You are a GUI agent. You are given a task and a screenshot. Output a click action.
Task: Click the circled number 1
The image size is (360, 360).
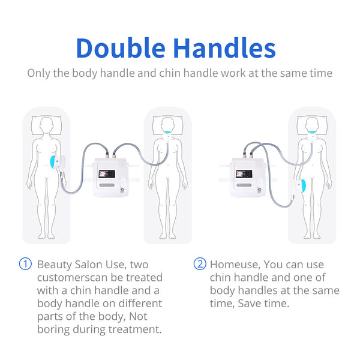pyautogui.click(x=25, y=264)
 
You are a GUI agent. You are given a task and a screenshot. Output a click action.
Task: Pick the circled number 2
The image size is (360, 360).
pyautogui.click(x=199, y=264)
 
